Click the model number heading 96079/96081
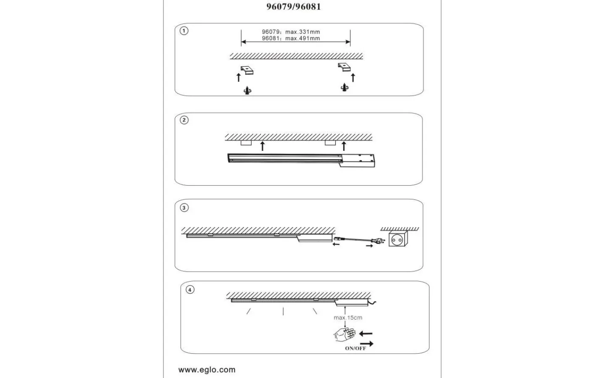point(293,7)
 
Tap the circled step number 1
point(184,31)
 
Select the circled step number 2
point(184,120)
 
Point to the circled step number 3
point(184,208)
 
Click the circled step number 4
point(190,290)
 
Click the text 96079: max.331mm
point(291,32)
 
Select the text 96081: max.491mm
point(291,38)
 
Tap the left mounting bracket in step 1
point(247,70)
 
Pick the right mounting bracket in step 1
point(345,67)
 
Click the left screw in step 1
point(248,90)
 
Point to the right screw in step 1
point(345,87)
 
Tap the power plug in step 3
point(378,242)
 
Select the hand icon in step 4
point(344,335)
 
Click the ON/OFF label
point(355,348)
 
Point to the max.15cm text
point(348,318)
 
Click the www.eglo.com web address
point(207,370)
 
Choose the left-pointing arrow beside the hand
point(366,334)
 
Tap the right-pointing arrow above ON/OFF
point(366,344)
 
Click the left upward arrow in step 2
point(263,146)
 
